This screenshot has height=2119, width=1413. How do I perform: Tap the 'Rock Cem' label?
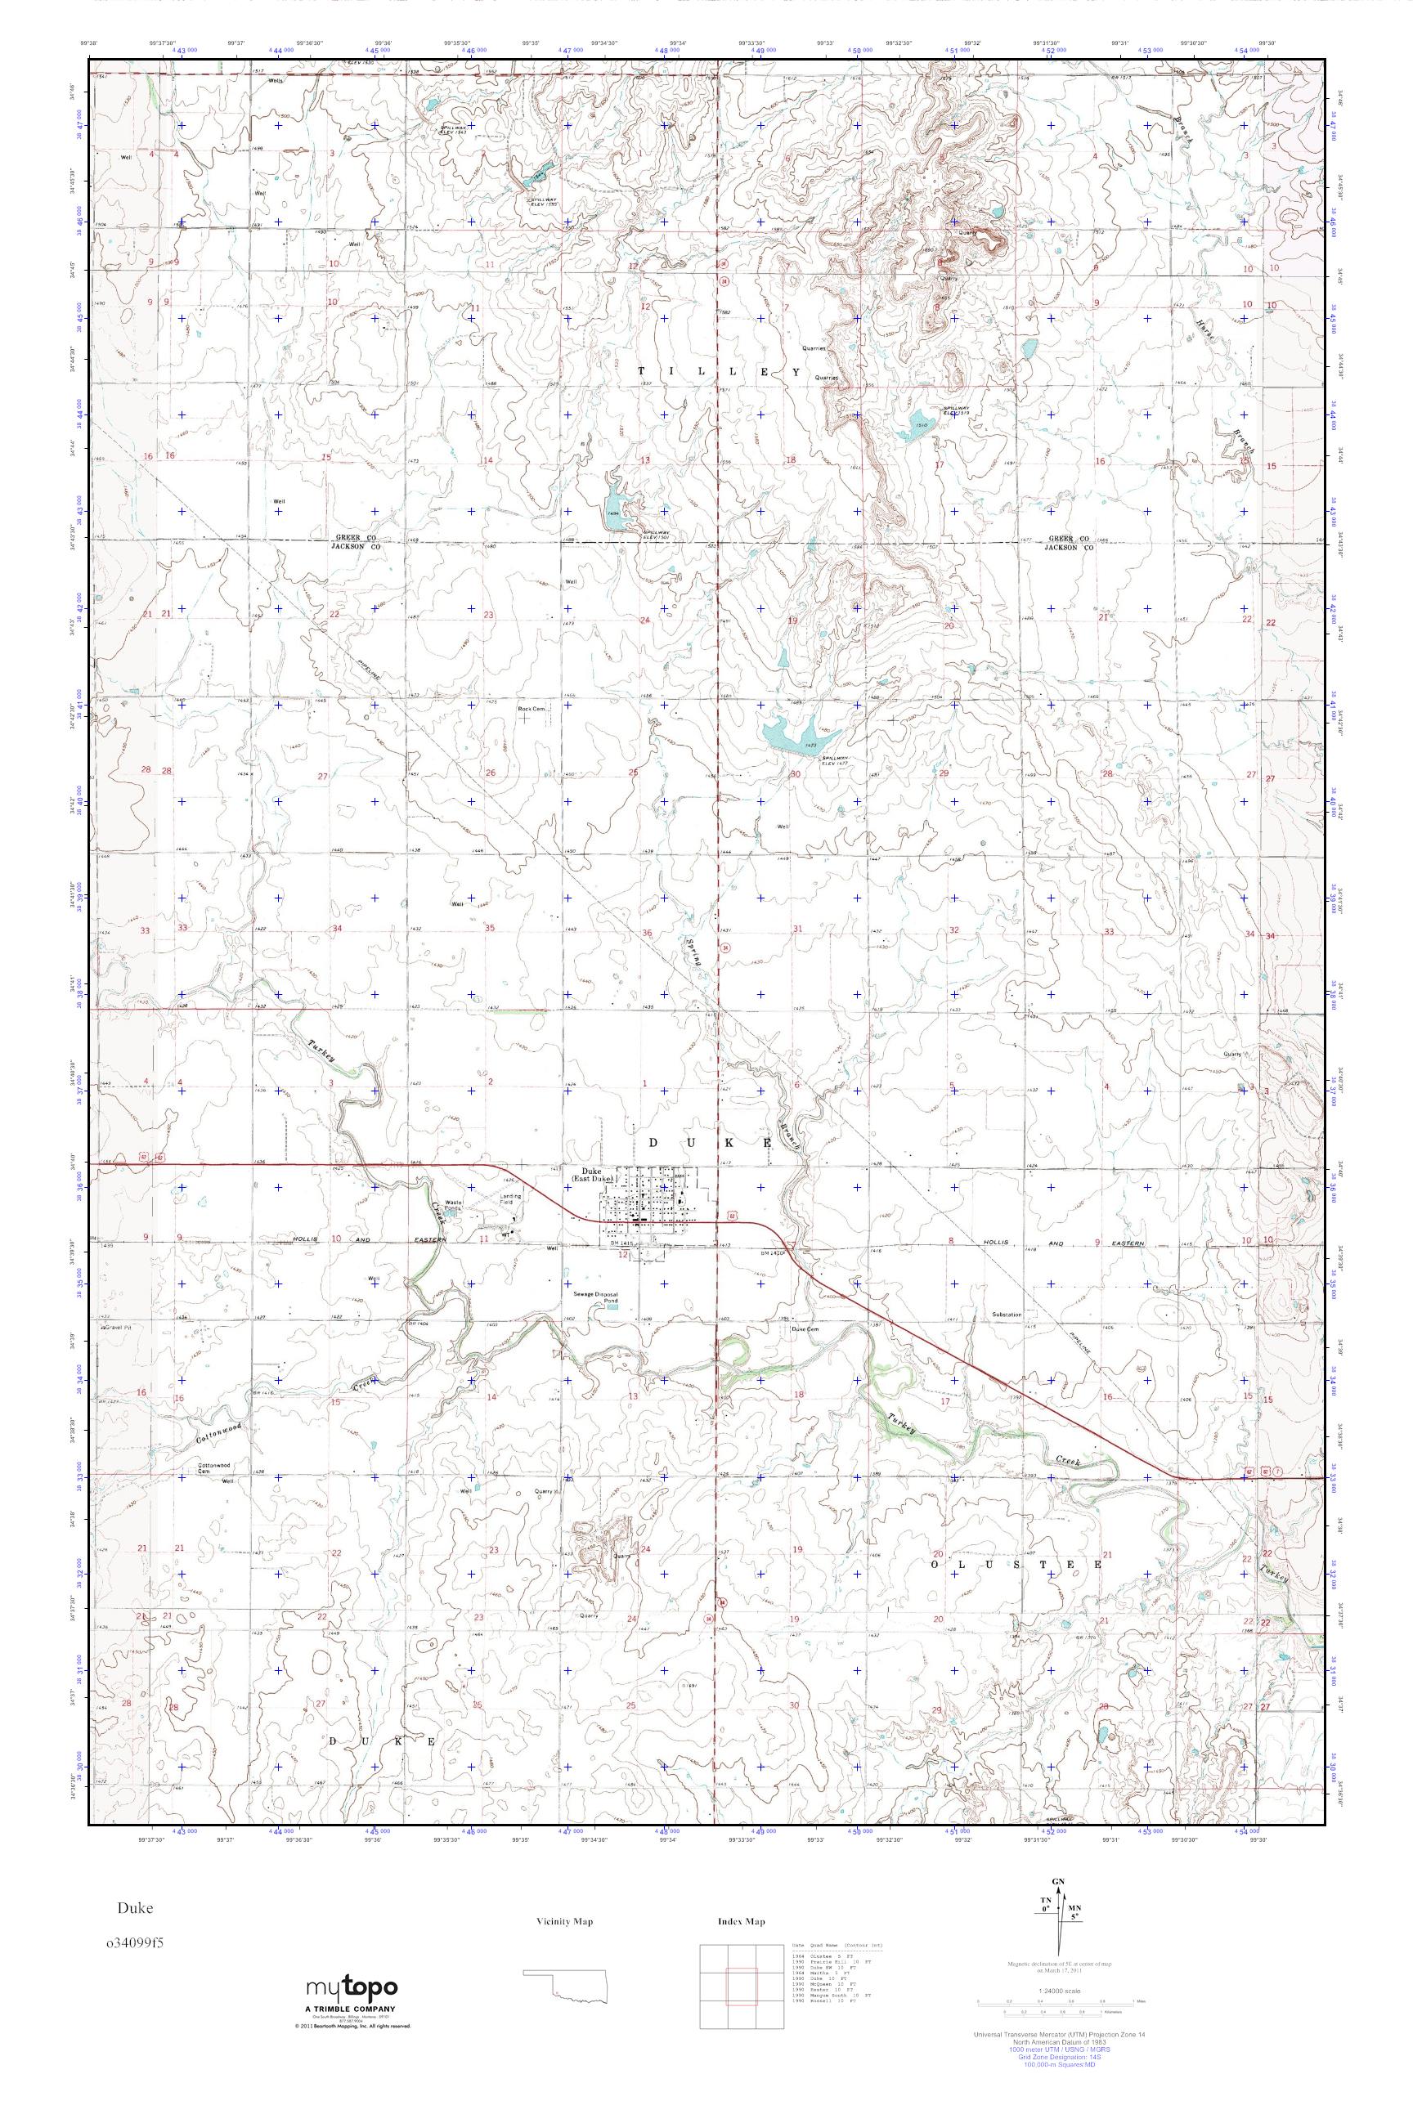pos(532,709)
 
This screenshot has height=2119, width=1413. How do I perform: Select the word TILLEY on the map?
pos(718,371)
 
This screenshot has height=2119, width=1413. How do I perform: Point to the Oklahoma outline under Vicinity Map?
pos(567,2031)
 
